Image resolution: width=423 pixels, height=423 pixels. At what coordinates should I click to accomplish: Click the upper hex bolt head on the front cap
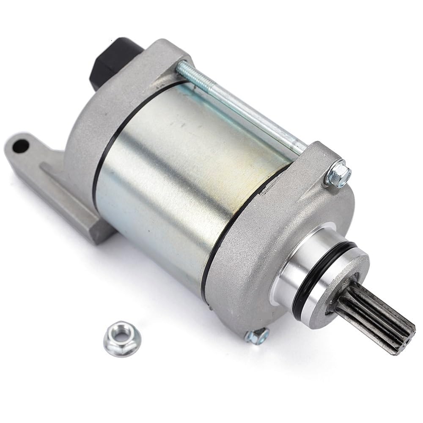coord(338,174)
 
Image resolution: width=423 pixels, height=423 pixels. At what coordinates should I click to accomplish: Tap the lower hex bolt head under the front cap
coord(258,335)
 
